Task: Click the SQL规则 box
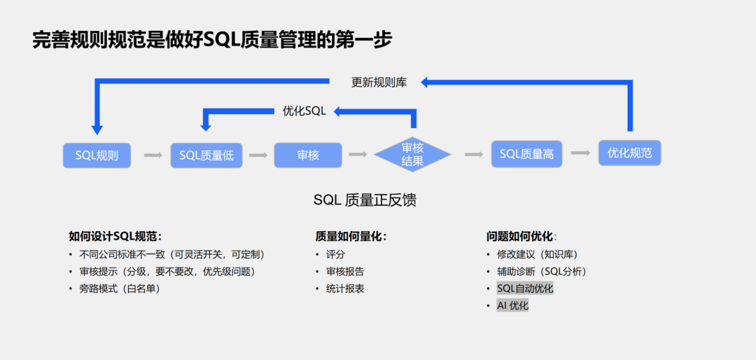97,155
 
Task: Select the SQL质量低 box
206,155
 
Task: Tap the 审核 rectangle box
308,155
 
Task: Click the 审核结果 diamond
412,155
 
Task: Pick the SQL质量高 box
526,154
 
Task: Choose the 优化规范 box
629,153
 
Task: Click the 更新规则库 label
379,83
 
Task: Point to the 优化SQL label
304,111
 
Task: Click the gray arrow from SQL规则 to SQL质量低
153,155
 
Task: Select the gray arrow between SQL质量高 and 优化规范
580,153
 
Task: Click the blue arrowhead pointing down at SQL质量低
206,126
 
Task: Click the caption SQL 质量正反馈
365,200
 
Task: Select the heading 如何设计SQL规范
115,237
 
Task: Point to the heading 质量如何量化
351,237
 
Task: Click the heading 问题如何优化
522,237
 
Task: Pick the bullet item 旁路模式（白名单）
120,289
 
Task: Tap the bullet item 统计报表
345,289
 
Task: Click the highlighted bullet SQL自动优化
525,289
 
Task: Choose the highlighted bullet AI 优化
512,305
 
